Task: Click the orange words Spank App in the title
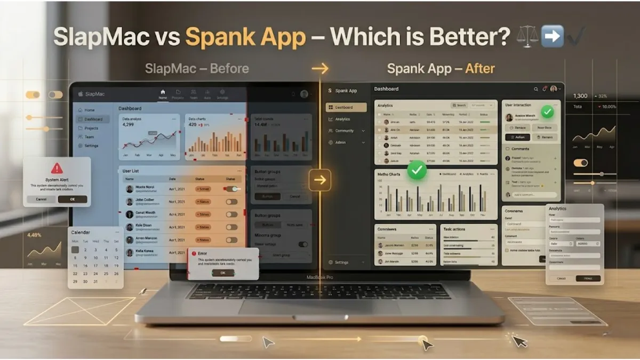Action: point(245,38)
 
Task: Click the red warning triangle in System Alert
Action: point(57,169)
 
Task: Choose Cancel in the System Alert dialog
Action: point(41,199)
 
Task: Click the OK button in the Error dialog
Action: point(222,273)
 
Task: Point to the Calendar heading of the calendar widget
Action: point(81,233)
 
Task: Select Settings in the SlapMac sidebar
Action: point(91,146)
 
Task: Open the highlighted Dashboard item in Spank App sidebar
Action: point(347,107)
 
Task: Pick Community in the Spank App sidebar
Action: point(345,131)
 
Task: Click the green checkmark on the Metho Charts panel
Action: point(417,171)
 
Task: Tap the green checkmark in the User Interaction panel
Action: point(547,112)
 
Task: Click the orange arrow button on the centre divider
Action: point(320,180)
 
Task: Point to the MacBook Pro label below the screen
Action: point(320,277)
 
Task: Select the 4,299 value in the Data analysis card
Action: point(129,124)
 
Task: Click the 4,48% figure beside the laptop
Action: point(34,235)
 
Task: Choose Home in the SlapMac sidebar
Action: point(89,110)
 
